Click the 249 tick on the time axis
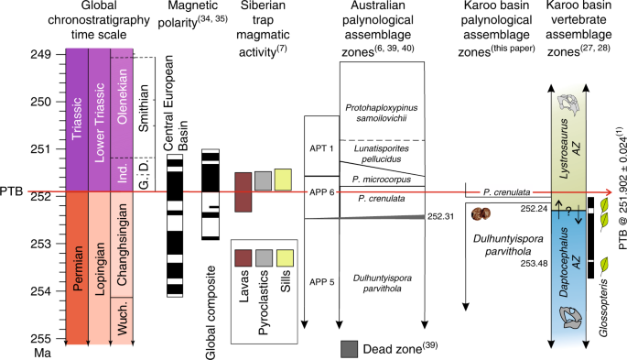[48, 54]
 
